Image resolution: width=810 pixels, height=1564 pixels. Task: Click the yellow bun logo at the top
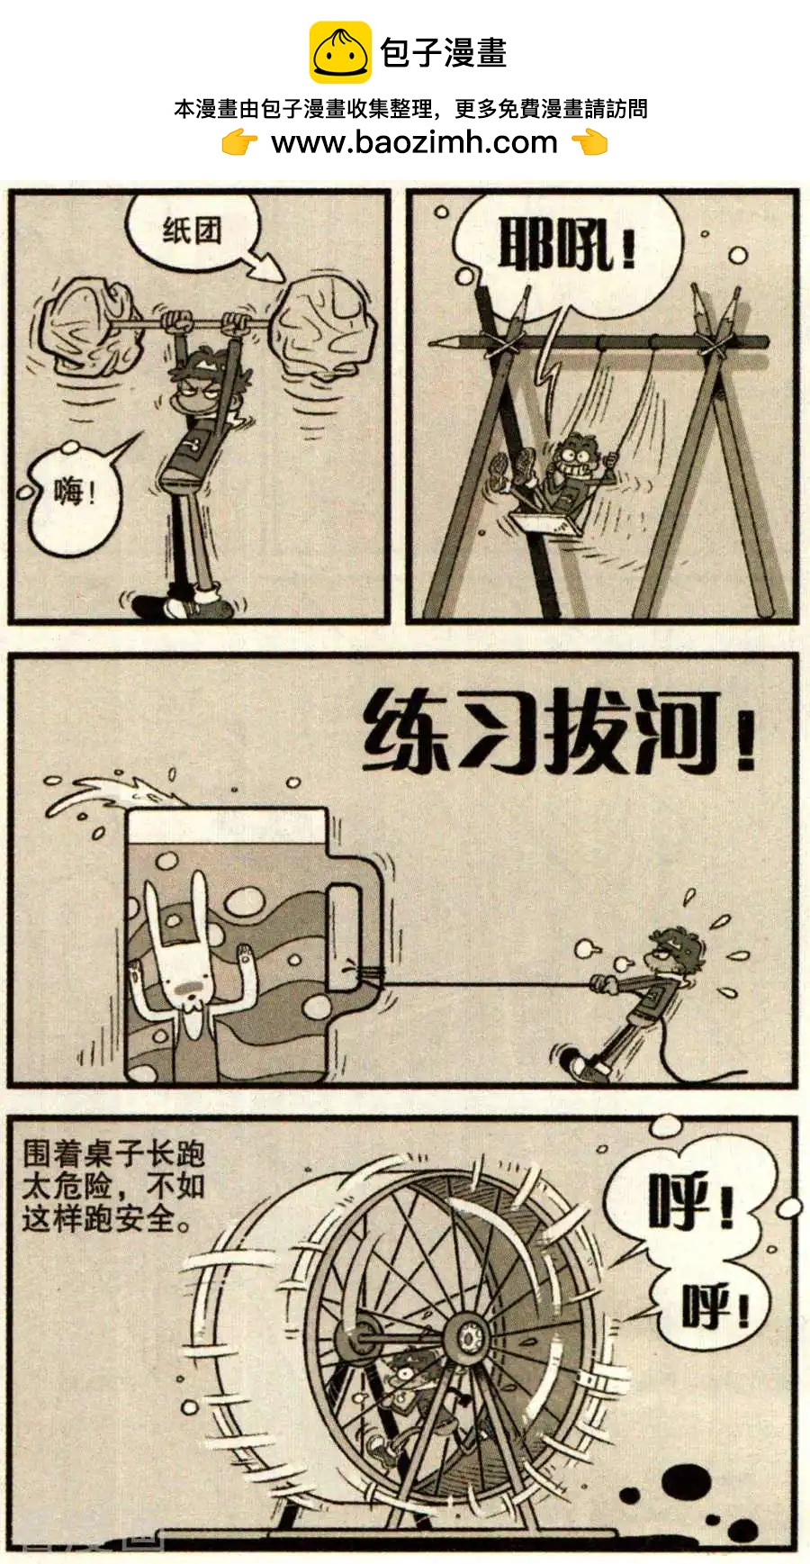tap(340, 52)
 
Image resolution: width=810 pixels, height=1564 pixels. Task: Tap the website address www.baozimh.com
tap(414, 141)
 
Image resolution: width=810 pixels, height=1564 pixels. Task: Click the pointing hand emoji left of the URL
tap(239, 142)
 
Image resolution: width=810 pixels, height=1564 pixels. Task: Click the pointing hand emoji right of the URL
tap(589, 142)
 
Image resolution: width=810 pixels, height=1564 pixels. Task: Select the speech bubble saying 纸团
tap(191, 230)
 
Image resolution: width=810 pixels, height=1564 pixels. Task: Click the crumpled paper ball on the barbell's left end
tap(89, 324)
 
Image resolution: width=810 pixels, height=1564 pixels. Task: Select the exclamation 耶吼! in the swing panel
tap(567, 245)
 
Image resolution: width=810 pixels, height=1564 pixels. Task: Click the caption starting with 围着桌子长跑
tap(113, 1186)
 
